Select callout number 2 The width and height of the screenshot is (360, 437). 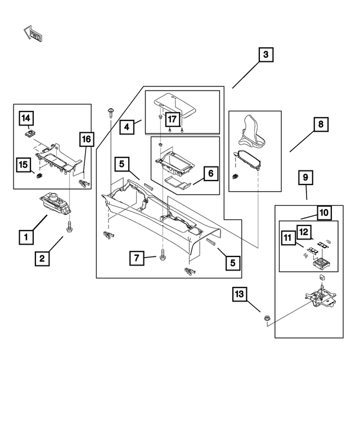42,259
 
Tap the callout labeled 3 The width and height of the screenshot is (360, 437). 266,55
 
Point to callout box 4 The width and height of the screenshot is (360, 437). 128,127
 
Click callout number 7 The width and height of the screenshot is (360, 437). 137,258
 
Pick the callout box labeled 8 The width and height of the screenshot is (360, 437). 319,125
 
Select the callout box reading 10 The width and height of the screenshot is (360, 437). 324,213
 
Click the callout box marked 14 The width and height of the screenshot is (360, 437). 26,118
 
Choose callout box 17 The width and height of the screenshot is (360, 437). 172,119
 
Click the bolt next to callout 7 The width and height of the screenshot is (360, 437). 163,254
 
